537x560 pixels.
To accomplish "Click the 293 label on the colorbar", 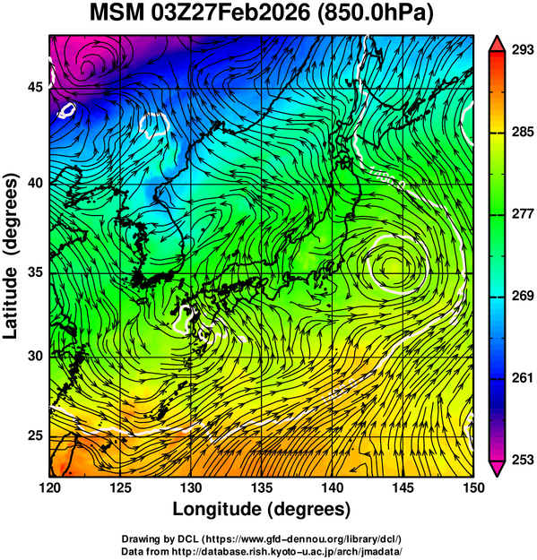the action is coord(523,50).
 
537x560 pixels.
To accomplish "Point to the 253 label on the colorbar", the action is coord(523,460).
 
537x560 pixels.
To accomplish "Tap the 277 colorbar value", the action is coord(523,214).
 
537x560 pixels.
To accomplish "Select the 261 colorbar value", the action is coord(523,378).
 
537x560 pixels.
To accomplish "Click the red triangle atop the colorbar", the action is coord(497,44).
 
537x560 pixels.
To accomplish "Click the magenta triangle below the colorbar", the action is coord(497,469).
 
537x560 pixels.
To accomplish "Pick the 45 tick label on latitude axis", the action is coord(36,87).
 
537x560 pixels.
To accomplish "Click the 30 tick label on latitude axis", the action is coord(36,356).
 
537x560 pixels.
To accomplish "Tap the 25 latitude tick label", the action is coord(36,436).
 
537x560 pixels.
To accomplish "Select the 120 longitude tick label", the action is coord(49,487).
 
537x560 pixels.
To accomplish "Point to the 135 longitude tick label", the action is coord(262,487).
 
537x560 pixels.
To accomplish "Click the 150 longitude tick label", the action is coord(473,487).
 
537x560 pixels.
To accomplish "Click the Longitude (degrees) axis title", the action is coord(262,509).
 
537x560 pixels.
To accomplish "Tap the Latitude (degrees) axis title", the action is coord(12,255).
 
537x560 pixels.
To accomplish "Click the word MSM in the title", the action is coord(117,13).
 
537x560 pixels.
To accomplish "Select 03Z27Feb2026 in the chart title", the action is coord(230,13).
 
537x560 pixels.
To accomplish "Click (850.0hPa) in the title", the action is coord(375,13).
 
